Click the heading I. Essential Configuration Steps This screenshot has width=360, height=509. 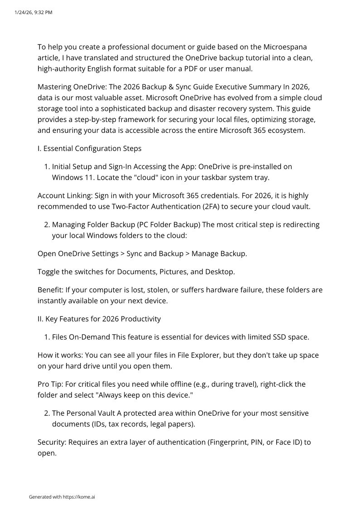(x=89, y=148)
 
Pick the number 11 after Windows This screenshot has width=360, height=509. (x=82, y=177)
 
